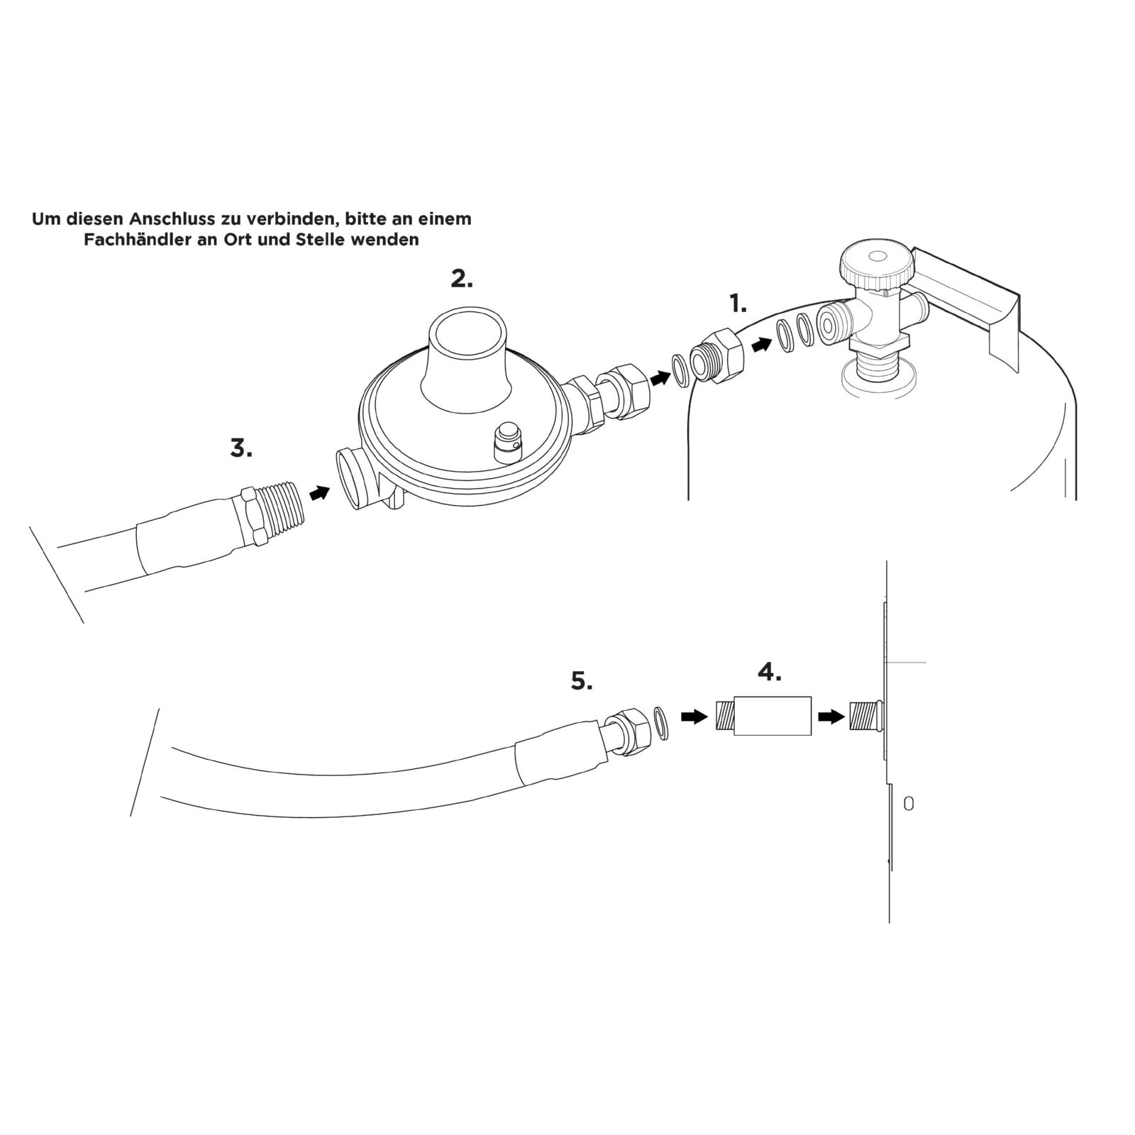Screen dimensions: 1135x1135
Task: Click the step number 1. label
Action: (x=738, y=305)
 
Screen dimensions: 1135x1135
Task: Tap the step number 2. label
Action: (x=462, y=279)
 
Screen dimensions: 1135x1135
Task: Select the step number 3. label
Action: (x=241, y=448)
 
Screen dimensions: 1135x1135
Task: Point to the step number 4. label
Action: (x=769, y=672)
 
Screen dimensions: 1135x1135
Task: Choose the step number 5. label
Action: (x=582, y=682)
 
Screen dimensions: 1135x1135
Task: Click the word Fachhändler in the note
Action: (x=133, y=240)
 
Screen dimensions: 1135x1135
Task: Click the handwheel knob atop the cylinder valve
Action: (x=877, y=263)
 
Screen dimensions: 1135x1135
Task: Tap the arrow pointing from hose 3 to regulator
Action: (x=320, y=492)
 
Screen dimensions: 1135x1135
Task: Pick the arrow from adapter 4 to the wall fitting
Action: (x=831, y=717)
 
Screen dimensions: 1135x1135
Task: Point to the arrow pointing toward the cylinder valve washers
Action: (x=762, y=344)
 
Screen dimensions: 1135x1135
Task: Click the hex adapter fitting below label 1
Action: (x=719, y=356)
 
